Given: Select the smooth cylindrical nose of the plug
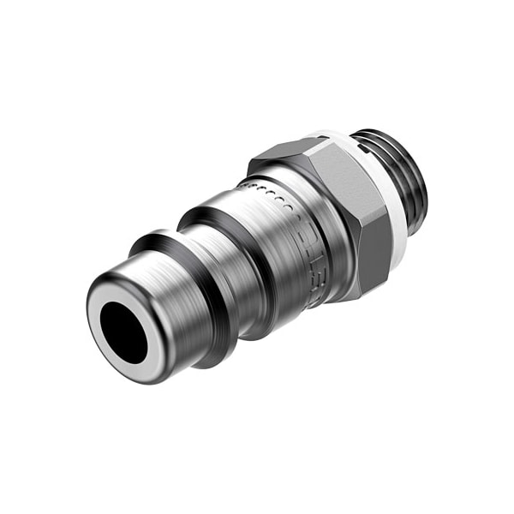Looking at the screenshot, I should coord(163,291).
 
